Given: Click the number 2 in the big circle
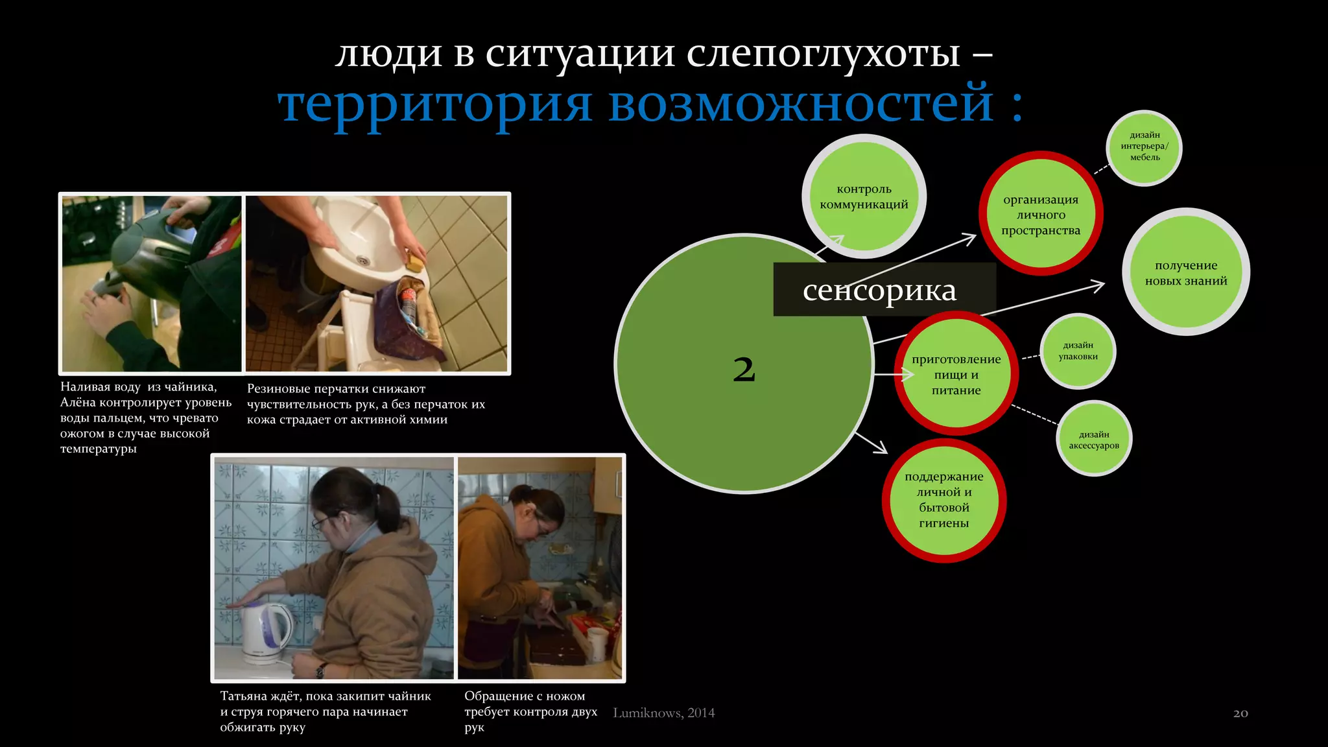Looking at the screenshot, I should click(x=744, y=370).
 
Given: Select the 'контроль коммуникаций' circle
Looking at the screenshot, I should click(x=864, y=196).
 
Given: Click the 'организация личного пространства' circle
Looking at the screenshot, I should click(x=1040, y=215).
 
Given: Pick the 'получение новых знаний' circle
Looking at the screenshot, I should click(x=1185, y=272).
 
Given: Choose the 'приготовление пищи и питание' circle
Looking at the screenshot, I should click(x=956, y=375).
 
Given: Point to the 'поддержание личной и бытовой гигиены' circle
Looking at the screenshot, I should click(x=943, y=500).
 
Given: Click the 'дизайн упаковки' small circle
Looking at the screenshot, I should click(x=1078, y=351).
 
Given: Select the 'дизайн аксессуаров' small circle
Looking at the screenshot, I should click(x=1094, y=440).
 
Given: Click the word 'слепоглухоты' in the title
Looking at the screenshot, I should click(x=823, y=53).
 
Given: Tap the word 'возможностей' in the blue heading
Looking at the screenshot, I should click(x=800, y=104).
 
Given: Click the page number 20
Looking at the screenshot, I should click(x=1240, y=713).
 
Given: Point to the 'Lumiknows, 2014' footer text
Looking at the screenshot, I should click(x=663, y=713).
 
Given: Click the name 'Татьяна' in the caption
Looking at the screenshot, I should click(x=244, y=696).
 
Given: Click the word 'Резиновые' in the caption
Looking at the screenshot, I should click(x=278, y=389).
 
